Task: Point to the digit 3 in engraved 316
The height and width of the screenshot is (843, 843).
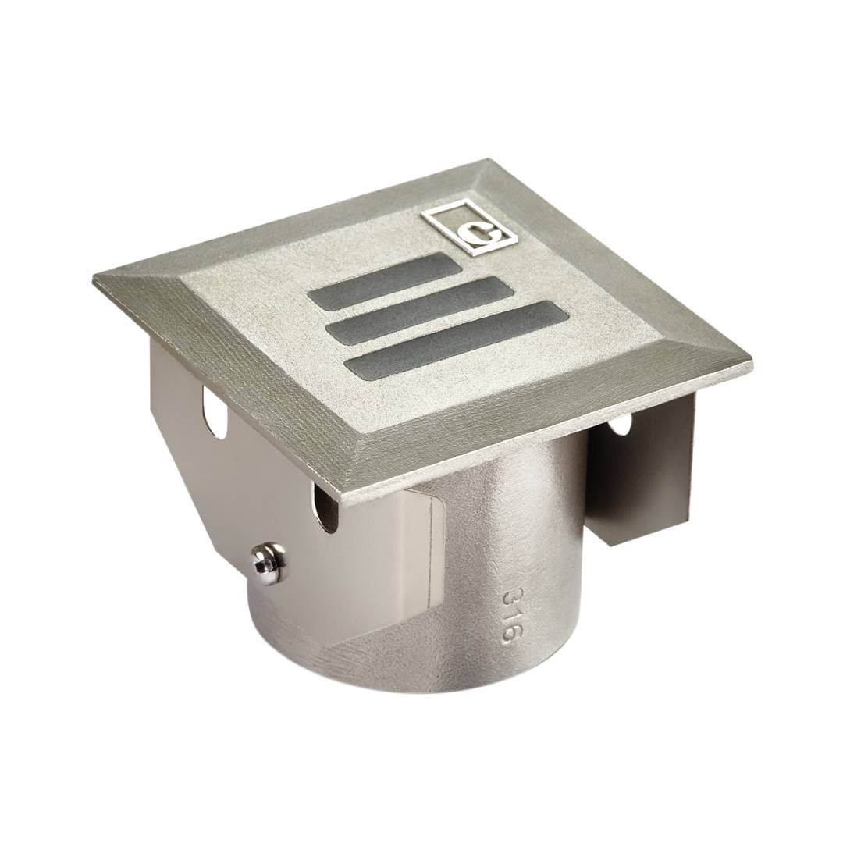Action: point(509,596)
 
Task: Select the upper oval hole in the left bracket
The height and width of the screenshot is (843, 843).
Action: point(214,412)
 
